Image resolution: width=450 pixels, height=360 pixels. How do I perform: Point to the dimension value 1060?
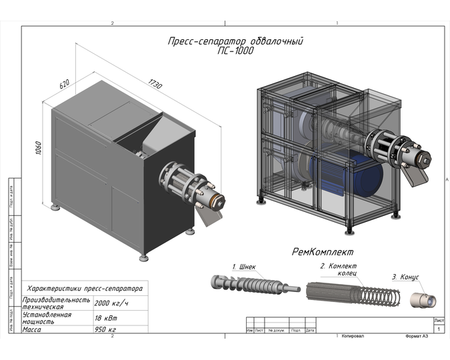click(39, 149)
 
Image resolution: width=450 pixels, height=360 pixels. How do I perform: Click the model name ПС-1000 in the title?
click(235, 50)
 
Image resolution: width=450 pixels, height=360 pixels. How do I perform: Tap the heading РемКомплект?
click(322, 252)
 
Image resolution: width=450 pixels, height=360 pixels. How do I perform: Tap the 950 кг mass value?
click(105, 329)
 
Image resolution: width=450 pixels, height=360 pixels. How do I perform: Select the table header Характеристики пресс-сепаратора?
click(84, 289)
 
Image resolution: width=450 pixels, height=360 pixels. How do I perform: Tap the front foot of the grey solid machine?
click(143, 257)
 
